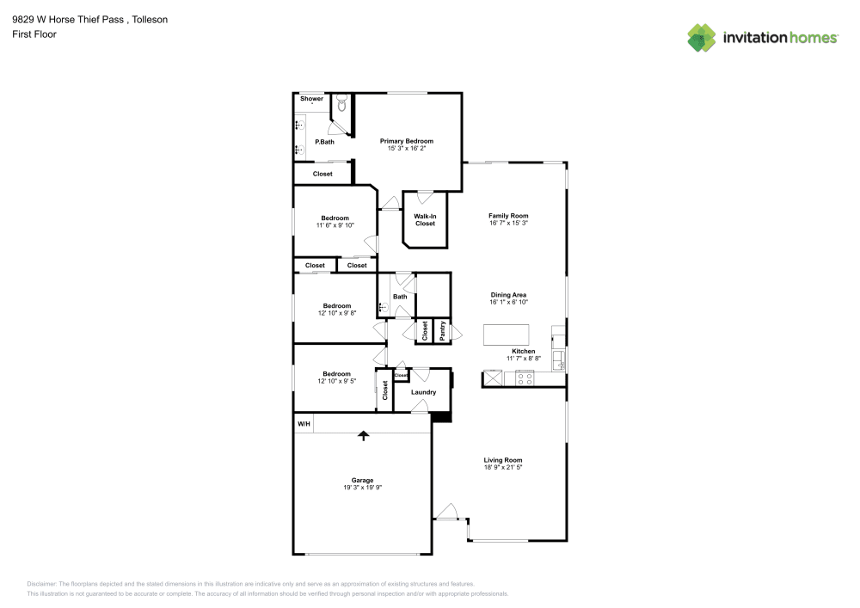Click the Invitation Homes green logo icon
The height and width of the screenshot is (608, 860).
[x=702, y=37]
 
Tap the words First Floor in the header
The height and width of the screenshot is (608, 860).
[x=34, y=34]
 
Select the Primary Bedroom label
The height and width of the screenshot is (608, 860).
[x=407, y=141]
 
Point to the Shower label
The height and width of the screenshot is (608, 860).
[x=311, y=99]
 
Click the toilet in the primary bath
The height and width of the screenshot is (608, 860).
[x=341, y=106]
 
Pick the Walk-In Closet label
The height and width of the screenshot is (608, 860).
[x=425, y=220]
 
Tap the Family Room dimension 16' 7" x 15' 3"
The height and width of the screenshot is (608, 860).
[x=508, y=223]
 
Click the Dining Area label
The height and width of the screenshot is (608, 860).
[x=508, y=295]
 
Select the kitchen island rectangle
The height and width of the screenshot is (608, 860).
[x=507, y=334]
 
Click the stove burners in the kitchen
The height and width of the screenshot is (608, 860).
[x=525, y=378]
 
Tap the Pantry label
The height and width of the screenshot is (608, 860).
[x=442, y=332]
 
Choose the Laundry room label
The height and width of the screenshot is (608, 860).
[x=423, y=392]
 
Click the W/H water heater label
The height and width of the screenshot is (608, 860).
[x=304, y=425]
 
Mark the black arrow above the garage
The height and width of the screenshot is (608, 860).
[x=363, y=436]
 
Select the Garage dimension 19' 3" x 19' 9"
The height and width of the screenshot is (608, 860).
[x=362, y=488]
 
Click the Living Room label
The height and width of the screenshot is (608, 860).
[x=503, y=460]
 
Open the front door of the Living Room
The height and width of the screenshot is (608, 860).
[x=446, y=513]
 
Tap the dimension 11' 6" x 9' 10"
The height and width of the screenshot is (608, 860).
[x=335, y=225]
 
